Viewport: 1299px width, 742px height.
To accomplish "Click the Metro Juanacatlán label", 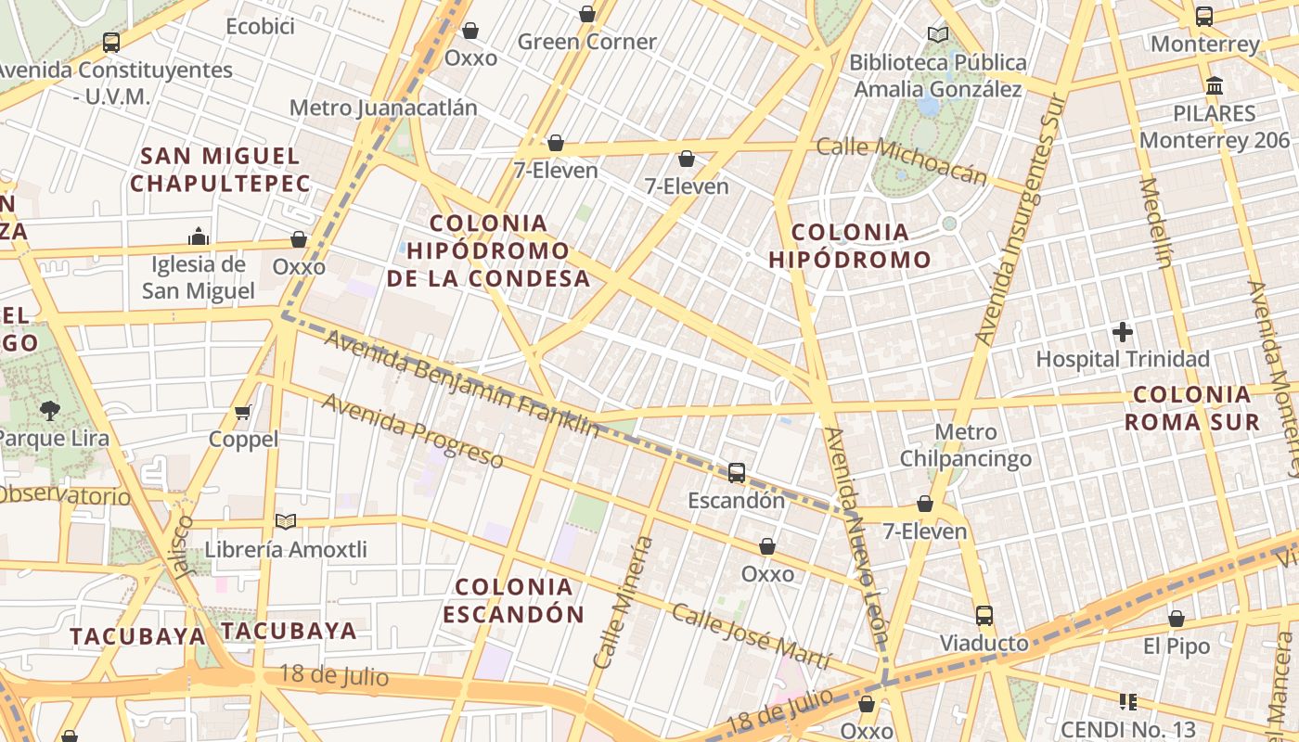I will point(383,108).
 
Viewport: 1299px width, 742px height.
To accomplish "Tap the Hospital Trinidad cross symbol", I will point(1123,332).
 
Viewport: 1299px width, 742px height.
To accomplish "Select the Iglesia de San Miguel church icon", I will point(199,237).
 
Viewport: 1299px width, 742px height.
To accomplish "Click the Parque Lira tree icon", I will point(49,410).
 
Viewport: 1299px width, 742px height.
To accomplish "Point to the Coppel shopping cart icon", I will point(243,412).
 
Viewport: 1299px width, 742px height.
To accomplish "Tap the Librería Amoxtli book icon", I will point(286,522).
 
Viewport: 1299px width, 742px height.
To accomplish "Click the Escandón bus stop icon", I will point(737,473).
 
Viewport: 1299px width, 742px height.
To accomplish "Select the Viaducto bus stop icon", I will point(984,616).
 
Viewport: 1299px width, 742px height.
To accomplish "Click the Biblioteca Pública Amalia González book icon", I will point(938,35).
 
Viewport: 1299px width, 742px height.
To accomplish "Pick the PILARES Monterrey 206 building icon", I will point(1214,86).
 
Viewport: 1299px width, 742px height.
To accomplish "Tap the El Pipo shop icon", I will point(1177,619).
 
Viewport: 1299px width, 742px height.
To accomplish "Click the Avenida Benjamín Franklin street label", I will point(462,383).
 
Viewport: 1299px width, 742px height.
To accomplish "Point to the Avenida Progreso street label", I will point(412,430).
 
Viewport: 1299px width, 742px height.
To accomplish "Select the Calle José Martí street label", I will point(751,636).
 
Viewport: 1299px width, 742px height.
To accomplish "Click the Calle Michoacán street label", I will point(901,160).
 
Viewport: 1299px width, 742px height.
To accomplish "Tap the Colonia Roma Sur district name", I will point(1192,408).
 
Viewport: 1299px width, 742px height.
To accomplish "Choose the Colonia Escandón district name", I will point(514,600).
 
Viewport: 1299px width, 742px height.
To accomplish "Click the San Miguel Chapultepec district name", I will point(221,170).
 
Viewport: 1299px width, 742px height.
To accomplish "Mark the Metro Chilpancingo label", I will point(966,445).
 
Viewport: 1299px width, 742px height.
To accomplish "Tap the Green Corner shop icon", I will point(587,14).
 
